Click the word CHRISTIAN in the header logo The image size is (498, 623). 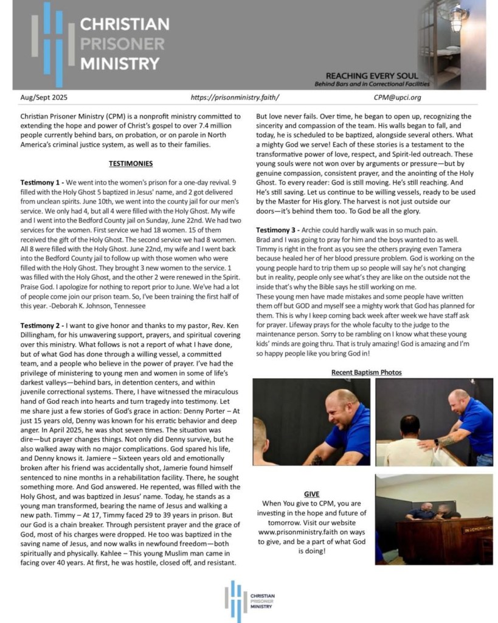pos(125,25)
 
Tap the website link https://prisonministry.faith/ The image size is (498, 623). pos(235,97)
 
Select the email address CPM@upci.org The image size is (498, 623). pos(397,97)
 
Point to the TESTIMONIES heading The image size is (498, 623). pos(130,164)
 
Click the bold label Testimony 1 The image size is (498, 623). pos(40,183)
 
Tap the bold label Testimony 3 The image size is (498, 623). pos(276,230)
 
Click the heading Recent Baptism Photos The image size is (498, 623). pos(366,372)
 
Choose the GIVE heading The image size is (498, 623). pos(311,494)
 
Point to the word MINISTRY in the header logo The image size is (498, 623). pos(120,63)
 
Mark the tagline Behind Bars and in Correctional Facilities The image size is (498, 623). pos(372,83)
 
